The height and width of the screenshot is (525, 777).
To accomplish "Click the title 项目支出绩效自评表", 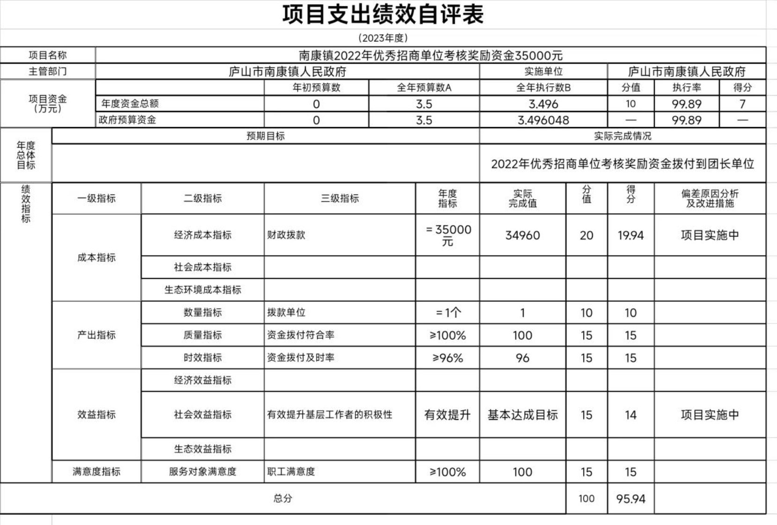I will coord(383,15).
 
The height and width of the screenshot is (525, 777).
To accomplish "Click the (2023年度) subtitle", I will coord(383,38).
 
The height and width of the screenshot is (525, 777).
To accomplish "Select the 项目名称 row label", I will coord(48,55).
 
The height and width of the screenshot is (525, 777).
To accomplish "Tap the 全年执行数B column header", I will coord(543,88).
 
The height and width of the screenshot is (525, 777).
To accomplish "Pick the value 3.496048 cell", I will coord(543,120).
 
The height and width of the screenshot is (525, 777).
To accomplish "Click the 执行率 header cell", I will coord(687,88).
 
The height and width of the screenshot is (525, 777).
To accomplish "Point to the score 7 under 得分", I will coord(742,104).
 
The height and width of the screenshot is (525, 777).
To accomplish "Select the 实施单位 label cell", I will coord(543,72).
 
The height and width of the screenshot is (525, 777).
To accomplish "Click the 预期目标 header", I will coord(266,136).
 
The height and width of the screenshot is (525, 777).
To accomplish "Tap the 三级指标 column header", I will coord(340,198).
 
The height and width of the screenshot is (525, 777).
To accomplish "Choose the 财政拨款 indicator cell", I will coord(286,235).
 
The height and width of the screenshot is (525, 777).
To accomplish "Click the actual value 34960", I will coord(523,235).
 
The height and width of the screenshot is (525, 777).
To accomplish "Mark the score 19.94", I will coord(630,235).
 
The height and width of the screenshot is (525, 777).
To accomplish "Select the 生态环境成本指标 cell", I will coord(203,290).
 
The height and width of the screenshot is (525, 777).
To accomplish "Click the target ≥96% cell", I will coord(447,358).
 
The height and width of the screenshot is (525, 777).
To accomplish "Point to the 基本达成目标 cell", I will coord(523,415).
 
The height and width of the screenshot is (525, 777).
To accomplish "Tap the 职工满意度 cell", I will coord(291,472).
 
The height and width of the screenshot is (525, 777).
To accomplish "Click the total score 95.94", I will coord(630,499).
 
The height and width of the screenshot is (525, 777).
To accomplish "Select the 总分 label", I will coord(283,498).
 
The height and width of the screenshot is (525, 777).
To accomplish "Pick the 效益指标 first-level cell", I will coord(96,415).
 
